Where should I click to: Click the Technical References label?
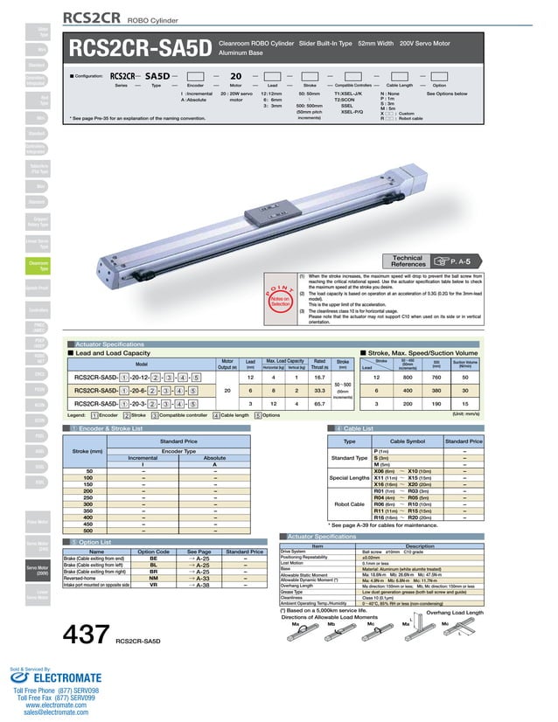[408, 260]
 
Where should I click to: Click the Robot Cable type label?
[349, 504]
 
